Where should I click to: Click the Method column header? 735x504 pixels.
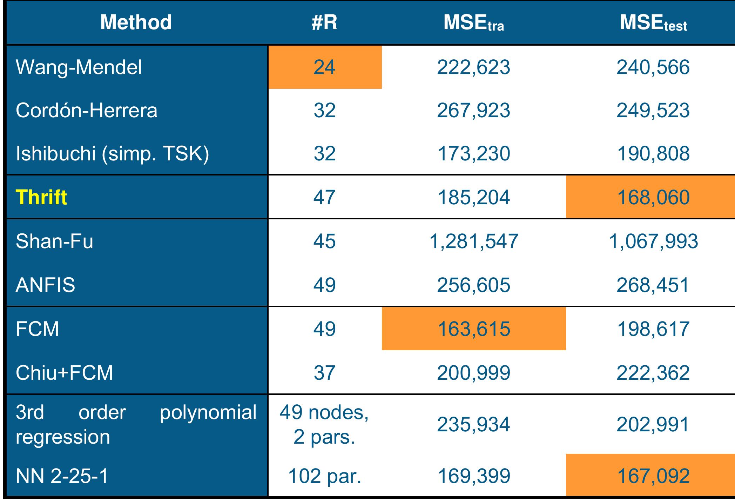[x=136, y=22]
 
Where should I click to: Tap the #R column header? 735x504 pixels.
[x=324, y=22]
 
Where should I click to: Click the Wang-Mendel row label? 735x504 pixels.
[x=79, y=67]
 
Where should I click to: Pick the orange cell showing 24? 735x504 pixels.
[x=324, y=67]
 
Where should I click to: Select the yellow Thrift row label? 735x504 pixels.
[x=41, y=197]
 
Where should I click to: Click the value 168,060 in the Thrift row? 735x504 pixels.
[x=653, y=197]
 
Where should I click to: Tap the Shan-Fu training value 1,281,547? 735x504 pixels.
[x=473, y=241]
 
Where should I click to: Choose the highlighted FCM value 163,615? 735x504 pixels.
[x=473, y=329]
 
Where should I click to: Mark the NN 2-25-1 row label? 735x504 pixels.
[x=62, y=476]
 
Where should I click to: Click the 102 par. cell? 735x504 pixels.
[x=324, y=476]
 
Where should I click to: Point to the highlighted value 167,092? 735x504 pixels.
[x=653, y=476]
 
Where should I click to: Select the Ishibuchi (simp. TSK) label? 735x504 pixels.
[x=112, y=154]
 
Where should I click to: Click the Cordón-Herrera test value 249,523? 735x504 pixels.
[x=653, y=111]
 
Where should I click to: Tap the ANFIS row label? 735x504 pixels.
[x=46, y=285]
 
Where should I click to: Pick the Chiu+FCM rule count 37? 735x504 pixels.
[x=324, y=372]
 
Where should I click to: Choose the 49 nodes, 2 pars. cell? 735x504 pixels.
[x=324, y=424]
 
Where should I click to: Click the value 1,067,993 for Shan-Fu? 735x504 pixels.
[x=653, y=241]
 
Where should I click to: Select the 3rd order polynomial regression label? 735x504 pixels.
[x=136, y=424]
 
